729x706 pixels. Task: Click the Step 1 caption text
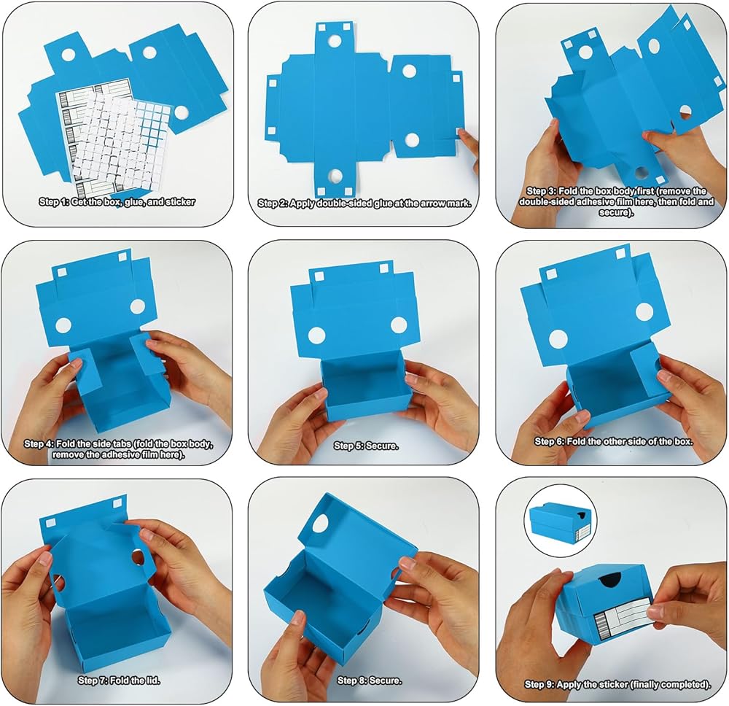[x=117, y=202]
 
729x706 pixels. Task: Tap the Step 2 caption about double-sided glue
[x=364, y=203]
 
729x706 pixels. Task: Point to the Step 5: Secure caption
[x=366, y=446]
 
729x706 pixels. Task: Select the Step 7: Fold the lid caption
[x=119, y=680]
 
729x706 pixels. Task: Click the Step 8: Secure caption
[x=370, y=680]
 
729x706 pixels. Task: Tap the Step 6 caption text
[x=614, y=441]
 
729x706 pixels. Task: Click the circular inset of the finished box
[x=560, y=521]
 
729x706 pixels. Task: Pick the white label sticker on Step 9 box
[x=622, y=618]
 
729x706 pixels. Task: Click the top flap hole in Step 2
[x=335, y=41]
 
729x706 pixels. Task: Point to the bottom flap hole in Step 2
[x=335, y=175]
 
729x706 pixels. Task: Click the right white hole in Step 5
[x=399, y=325]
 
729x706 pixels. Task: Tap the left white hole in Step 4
[x=63, y=325]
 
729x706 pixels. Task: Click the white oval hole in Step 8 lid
[x=319, y=524]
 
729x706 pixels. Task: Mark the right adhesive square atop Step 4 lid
[x=122, y=257]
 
